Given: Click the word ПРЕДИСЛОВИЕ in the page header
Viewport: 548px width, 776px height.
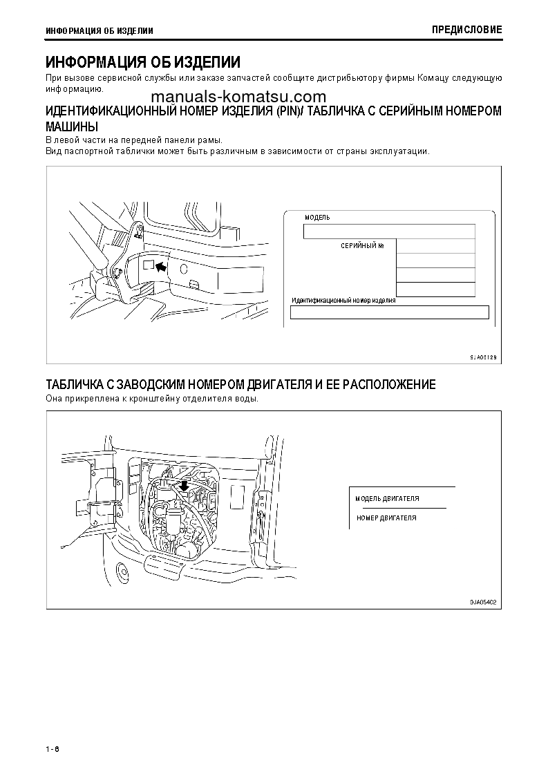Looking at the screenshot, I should coord(467,30).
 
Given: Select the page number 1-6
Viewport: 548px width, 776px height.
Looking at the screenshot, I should coord(53,750).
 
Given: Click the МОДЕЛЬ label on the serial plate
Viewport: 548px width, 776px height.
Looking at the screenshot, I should coord(317,217).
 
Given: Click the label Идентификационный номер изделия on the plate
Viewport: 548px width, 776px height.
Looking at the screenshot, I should coord(343,301).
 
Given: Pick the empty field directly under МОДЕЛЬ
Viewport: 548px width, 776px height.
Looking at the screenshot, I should coord(389,231).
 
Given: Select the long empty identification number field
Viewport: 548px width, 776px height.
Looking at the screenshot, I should coord(389,312).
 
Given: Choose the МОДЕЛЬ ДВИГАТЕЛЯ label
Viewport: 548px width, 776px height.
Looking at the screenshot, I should coord(387,498).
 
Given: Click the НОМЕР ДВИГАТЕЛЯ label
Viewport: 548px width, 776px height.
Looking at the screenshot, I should coord(387,518).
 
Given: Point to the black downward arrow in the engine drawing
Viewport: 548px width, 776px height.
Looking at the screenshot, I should coord(183,488).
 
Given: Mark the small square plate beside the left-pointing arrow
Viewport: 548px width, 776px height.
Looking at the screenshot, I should coord(147,265).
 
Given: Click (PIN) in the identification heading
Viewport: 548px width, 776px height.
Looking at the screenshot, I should coord(288,112).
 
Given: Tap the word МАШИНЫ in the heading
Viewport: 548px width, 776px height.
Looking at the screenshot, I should coord(71,127).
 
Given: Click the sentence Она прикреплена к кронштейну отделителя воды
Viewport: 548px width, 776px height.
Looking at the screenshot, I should coord(152,399).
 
